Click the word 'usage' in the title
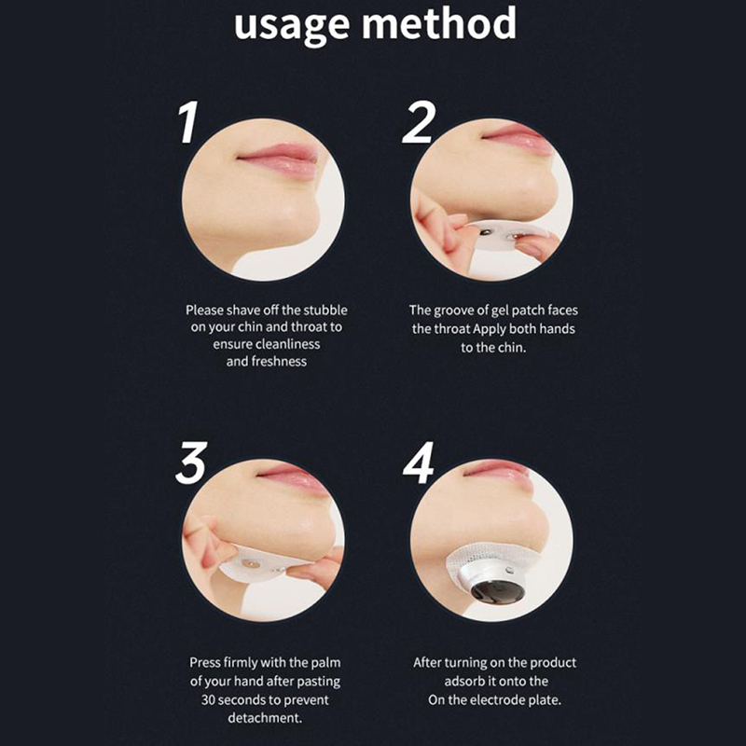(x=292, y=26)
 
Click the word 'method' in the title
(x=439, y=21)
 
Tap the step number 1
(x=188, y=122)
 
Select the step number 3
(x=191, y=463)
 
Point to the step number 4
(x=418, y=463)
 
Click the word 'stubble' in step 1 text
(x=325, y=311)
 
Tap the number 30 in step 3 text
(x=208, y=700)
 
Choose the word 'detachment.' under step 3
(x=265, y=718)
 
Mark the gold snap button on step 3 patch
(x=250, y=564)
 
